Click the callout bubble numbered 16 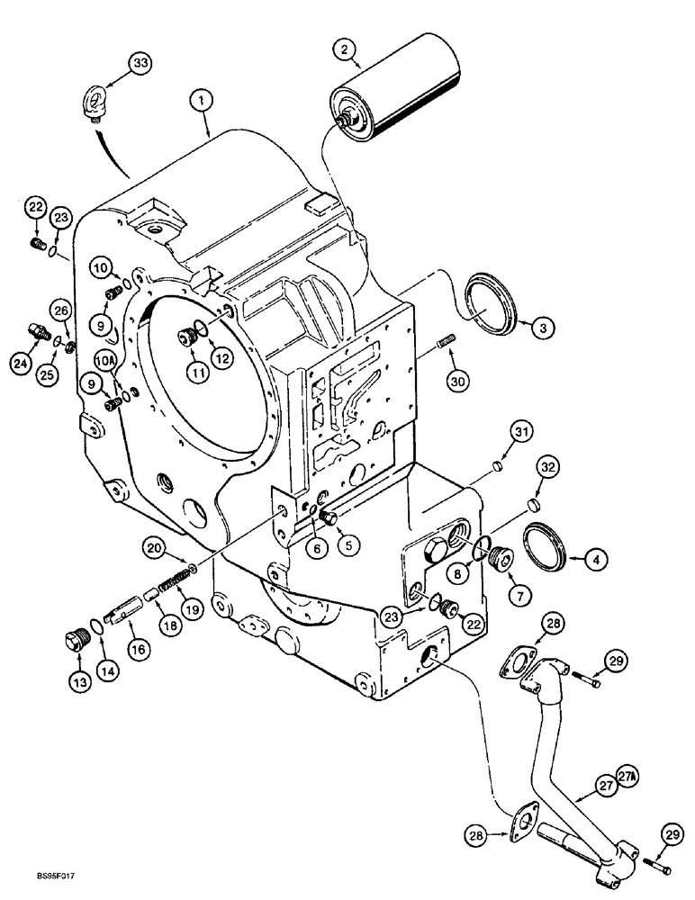pyautogui.click(x=136, y=648)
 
